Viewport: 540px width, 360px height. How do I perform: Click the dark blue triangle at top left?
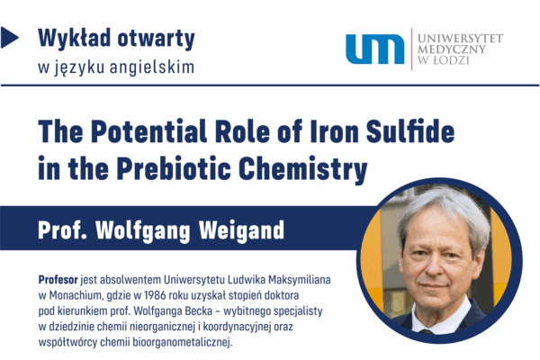pos(9,38)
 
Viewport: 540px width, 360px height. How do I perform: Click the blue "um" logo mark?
pos(374,49)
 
